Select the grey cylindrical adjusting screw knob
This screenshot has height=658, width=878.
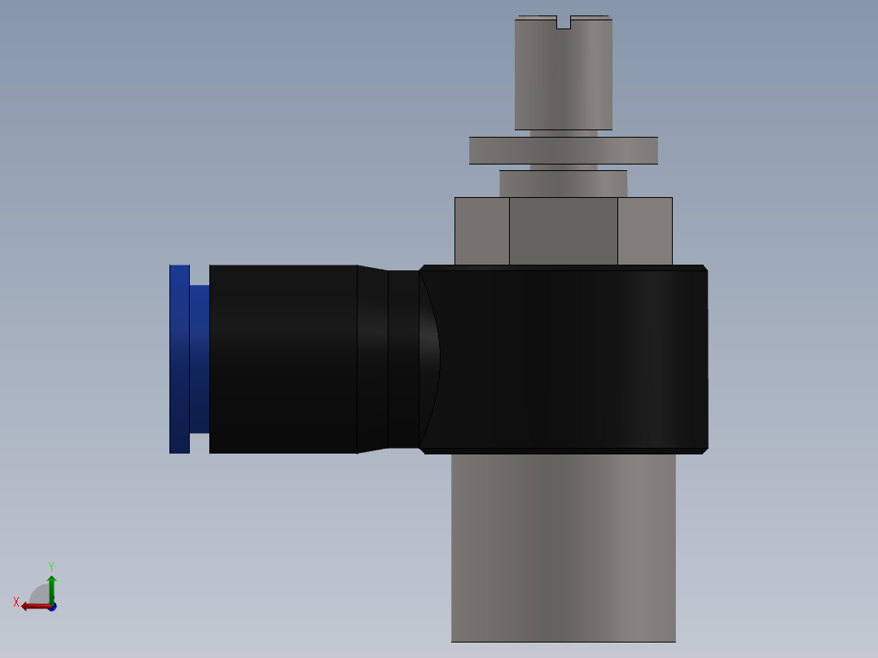563,77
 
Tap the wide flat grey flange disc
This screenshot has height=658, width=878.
563,151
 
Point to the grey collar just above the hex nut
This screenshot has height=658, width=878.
563,183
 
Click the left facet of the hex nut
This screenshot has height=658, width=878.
482,231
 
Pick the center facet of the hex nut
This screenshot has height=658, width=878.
563,231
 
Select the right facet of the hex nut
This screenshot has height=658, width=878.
644,231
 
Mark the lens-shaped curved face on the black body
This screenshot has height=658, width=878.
429,359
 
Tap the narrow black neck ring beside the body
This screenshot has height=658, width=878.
403,359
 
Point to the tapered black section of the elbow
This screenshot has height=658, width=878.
372,359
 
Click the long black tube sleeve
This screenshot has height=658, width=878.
283,359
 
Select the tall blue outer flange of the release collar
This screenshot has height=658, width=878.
179,359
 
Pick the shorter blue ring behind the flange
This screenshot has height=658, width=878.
200,359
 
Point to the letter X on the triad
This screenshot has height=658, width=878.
16,602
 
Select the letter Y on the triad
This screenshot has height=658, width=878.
50,565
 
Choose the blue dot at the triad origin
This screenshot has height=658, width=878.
52,608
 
